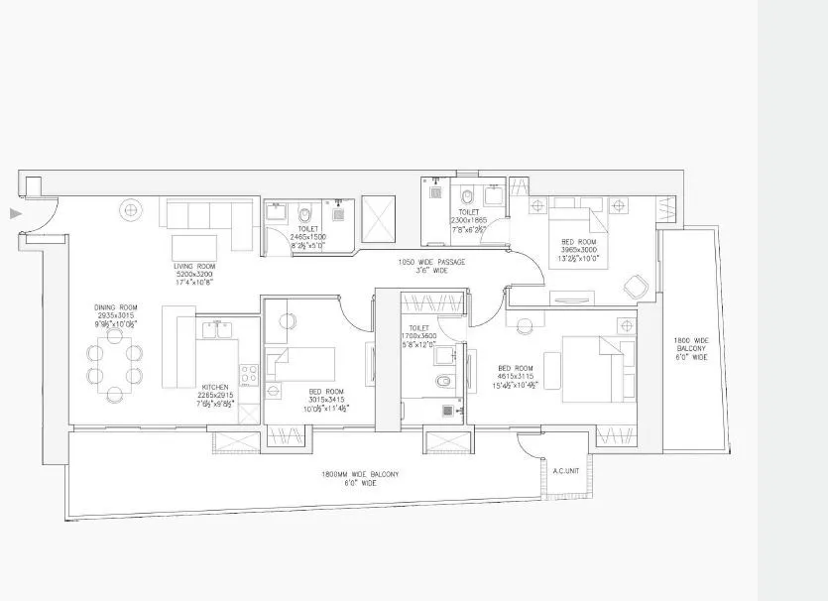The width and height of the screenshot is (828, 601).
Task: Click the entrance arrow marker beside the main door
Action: pos(14,212)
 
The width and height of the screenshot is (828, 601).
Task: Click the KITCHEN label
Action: pos(215,387)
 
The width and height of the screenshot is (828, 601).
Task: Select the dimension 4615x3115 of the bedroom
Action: pos(516,377)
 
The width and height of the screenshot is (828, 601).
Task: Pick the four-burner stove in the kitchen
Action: pos(248,375)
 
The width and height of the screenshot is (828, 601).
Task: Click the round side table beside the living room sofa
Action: pos(130,209)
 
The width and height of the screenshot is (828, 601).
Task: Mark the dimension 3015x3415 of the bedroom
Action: pos(326,400)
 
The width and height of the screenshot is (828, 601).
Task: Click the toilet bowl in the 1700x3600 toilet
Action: pos(444,380)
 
